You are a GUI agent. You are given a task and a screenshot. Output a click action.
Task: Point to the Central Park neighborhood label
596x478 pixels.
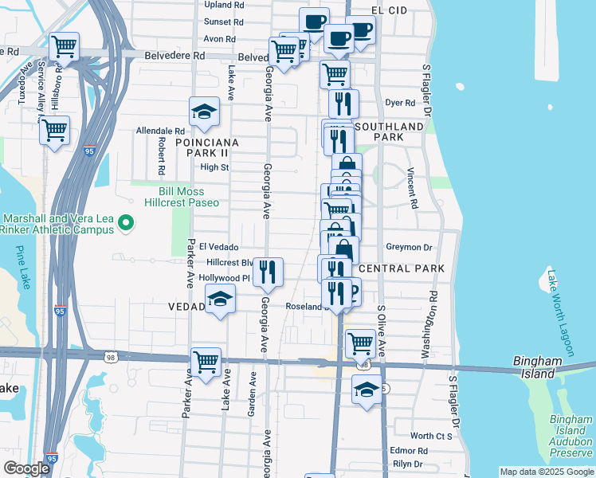(x=402, y=268)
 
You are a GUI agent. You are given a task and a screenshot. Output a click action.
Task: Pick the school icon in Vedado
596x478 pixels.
(x=220, y=300)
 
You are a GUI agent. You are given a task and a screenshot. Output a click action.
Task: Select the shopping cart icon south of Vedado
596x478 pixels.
(x=206, y=362)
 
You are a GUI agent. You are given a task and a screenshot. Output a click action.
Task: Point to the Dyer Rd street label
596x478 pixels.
(x=400, y=103)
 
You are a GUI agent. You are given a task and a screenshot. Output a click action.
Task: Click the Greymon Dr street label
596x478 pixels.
(x=408, y=247)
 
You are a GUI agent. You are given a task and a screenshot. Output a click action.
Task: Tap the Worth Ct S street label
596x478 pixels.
(x=431, y=436)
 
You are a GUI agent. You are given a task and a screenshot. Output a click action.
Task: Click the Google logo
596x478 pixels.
(x=27, y=468)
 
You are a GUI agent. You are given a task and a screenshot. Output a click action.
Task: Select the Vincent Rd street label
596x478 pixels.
(x=413, y=188)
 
